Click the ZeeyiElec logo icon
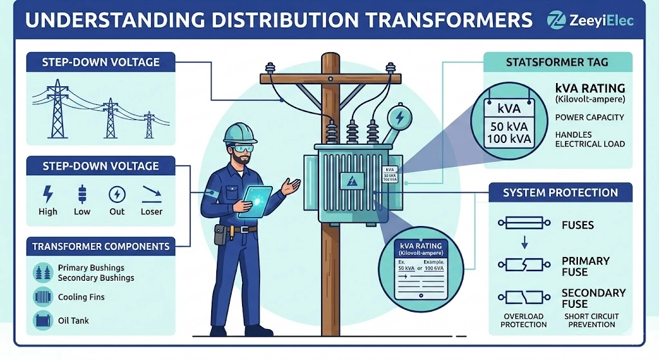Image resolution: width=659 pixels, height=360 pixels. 555,19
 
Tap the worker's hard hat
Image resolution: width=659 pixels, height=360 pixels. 240,133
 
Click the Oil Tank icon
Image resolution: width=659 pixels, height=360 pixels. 42,320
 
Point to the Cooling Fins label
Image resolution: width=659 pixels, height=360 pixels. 81,297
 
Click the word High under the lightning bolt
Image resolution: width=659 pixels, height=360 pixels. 48,211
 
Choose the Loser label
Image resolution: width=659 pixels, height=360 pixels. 152,211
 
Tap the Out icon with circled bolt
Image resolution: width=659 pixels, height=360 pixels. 116,194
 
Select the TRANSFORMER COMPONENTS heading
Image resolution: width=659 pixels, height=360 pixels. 101,246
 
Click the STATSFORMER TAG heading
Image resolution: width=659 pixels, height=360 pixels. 557,62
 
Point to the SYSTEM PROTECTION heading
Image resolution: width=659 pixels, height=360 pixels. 560,193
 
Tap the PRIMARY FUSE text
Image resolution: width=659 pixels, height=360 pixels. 585,266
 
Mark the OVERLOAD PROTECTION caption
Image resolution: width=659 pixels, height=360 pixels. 523,320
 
